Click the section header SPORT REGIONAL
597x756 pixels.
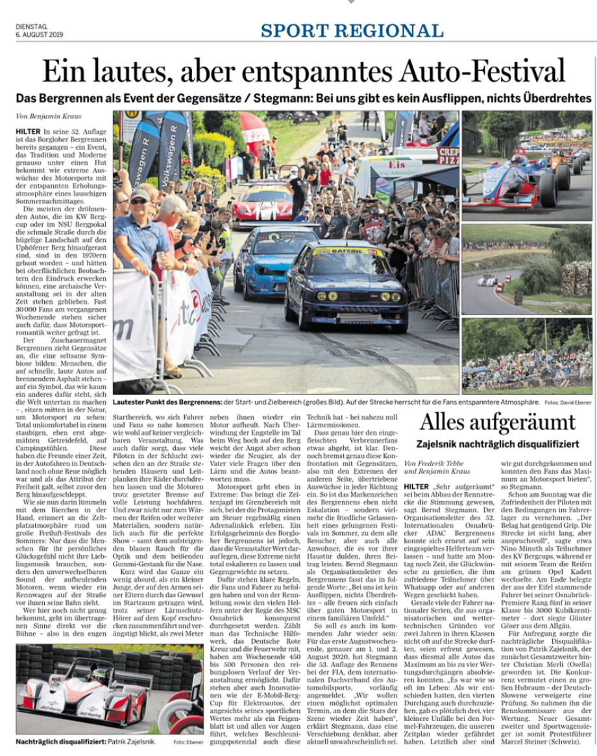click(x=352, y=30)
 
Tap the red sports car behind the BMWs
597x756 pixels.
click(x=263, y=204)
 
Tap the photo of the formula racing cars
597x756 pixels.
click(x=526, y=165)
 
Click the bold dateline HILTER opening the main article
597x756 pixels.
click(x=28, y=131)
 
